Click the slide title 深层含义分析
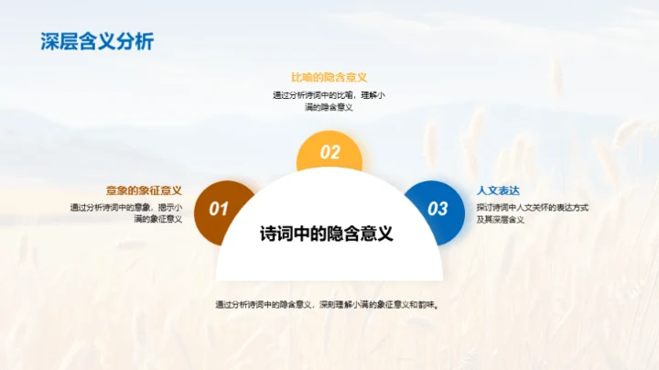(97, 41)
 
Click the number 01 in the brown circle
(218, 209)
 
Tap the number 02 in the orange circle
(329, 153)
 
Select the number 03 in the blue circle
(438, 209)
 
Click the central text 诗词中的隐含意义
(327, 233)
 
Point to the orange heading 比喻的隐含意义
(329, 77)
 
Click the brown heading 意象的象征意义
(144, 190)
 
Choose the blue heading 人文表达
(498, 190)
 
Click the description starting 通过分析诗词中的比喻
(329, 101)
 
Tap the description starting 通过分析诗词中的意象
(126, 212)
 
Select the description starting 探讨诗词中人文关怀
(532, 212)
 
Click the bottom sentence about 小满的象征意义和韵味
(327, 304)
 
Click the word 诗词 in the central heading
(276, 233)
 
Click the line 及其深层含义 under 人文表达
(500, 220)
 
